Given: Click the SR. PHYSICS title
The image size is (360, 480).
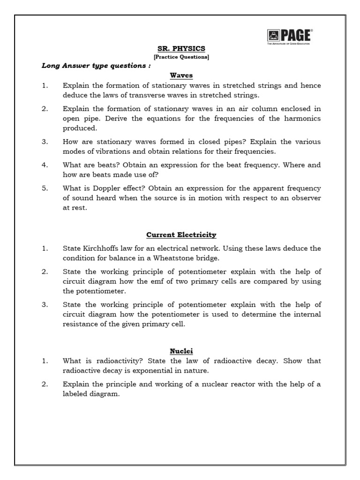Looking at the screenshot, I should coord(181,48).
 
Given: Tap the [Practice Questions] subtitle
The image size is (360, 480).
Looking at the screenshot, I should coord(181,57).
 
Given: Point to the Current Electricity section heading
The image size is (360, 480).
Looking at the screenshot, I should coord(181,234).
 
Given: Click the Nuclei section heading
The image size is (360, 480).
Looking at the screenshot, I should coord(181,351).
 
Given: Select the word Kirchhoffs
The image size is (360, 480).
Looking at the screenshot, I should coord(100,248).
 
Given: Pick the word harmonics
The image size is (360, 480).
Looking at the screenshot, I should coord(303,119).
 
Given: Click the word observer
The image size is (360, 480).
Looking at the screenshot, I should coord(305,198).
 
